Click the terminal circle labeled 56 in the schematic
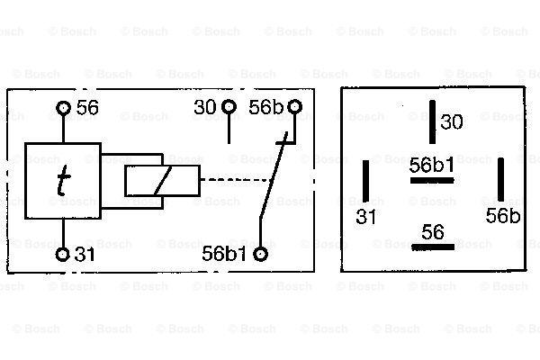point(63,108)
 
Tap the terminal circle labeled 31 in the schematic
point(63,255)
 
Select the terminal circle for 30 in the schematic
point(229,107)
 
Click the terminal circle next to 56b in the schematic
point(295,107)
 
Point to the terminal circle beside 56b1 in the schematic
point(261,254)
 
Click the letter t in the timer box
point(63,180)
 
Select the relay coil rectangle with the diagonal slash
point(163,181)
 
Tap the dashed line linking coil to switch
point(236,179)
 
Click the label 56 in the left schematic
point(87,107)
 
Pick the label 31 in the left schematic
point(85,255)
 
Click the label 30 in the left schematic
point(205,107)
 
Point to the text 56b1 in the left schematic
point(224,254)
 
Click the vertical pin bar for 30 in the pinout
point(432,122)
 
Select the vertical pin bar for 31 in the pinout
point(365,181)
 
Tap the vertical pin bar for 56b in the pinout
point(501,179)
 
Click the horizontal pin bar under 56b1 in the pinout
point(432,180)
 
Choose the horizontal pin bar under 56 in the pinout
point(433,247)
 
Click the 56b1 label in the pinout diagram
point(432,166)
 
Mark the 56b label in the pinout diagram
point(503,216)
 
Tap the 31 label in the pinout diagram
point(365,217)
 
